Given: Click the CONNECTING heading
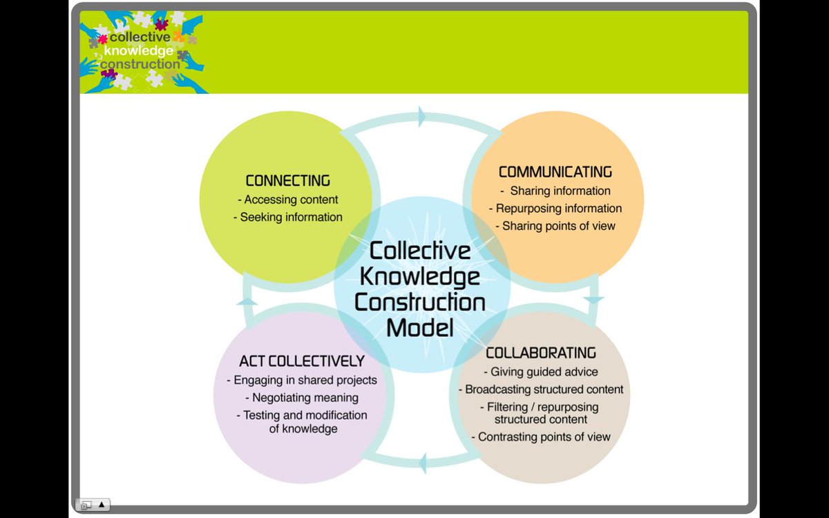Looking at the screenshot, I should [288, 181].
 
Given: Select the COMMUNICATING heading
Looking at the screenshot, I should [555, 172].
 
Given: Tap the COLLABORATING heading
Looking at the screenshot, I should [541, 353].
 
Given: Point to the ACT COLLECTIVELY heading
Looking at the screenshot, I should [302, 361].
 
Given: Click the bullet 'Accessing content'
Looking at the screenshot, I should [288, 200].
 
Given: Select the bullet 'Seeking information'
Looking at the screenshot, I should [291, 217].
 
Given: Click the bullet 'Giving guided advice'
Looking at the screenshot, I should [540, 372].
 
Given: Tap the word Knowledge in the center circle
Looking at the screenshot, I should [420, 276].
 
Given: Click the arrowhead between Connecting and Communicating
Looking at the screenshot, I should [422, 117].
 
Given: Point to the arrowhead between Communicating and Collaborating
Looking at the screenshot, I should [593, 300].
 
